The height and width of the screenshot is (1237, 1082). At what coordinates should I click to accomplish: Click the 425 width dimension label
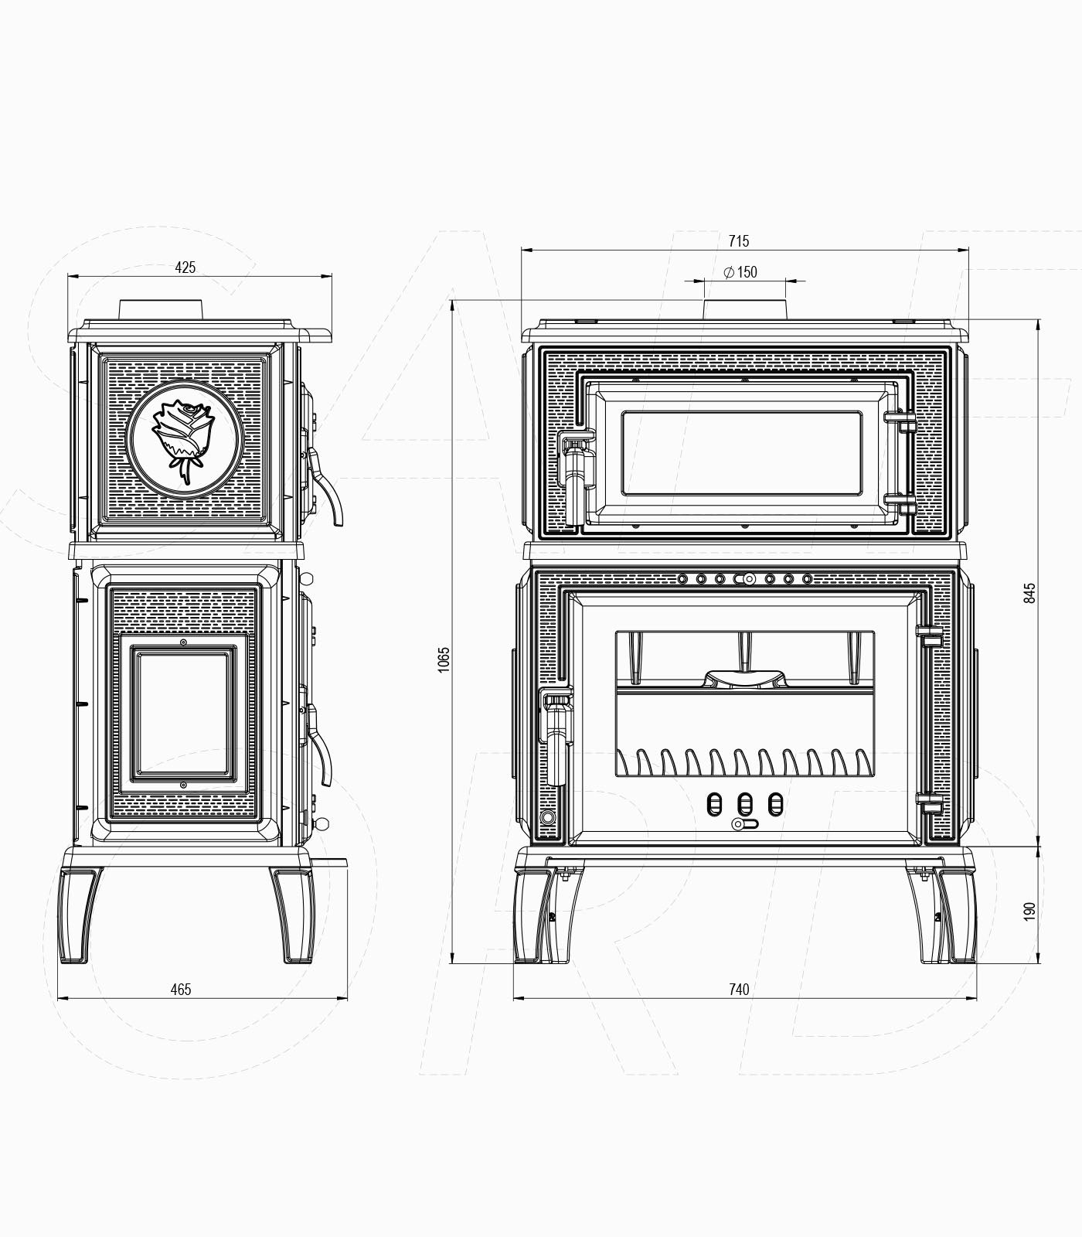[185, 268]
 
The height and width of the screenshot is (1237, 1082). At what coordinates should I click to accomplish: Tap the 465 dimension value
[180, 989]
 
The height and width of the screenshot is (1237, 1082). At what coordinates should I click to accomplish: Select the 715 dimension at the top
[739, 241]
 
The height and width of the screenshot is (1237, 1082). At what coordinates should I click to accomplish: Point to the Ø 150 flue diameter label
[740, 272]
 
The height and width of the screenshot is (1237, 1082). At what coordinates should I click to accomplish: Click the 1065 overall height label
[443, 659]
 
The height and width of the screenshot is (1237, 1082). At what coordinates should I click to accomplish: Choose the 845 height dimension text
[1029, 593]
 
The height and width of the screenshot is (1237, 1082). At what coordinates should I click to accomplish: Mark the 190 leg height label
[1029, 911]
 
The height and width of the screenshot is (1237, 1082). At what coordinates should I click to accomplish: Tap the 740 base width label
[739, 989]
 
